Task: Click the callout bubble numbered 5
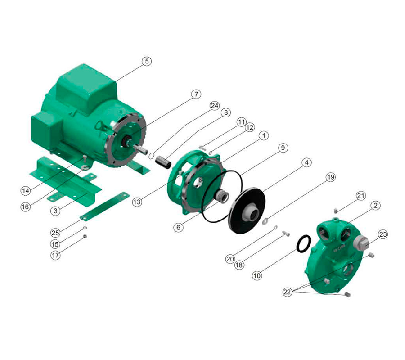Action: [147, 61]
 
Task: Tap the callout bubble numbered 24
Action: [215, 106]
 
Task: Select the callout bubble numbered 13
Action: [137, 202]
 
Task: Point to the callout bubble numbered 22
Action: [287, 292]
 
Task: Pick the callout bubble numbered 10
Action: [257, 275]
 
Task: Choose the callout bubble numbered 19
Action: [331, 177]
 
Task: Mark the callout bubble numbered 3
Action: [55, 211]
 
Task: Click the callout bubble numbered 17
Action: [55, 256]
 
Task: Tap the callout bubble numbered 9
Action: [283, 148]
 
